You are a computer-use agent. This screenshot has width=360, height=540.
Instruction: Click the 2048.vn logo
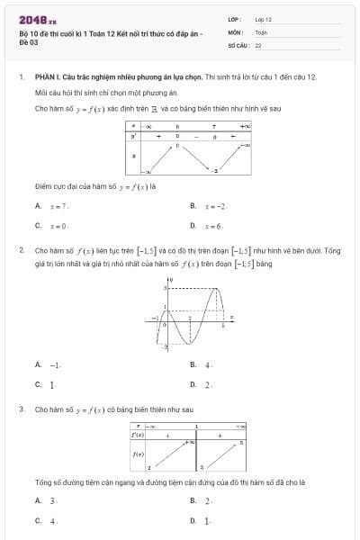coord(37,19)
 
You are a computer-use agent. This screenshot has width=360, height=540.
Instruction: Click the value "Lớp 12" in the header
coord(263,18)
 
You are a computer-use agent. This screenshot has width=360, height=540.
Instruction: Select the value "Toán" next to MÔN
coord(261,31)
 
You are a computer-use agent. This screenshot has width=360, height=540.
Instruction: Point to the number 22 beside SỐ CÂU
coord(258,43)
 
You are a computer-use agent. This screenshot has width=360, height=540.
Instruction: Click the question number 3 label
coord(21,409)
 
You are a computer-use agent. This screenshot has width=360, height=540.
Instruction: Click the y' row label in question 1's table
coord(133,137)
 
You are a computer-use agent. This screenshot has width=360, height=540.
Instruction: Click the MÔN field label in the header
coord(234,31)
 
